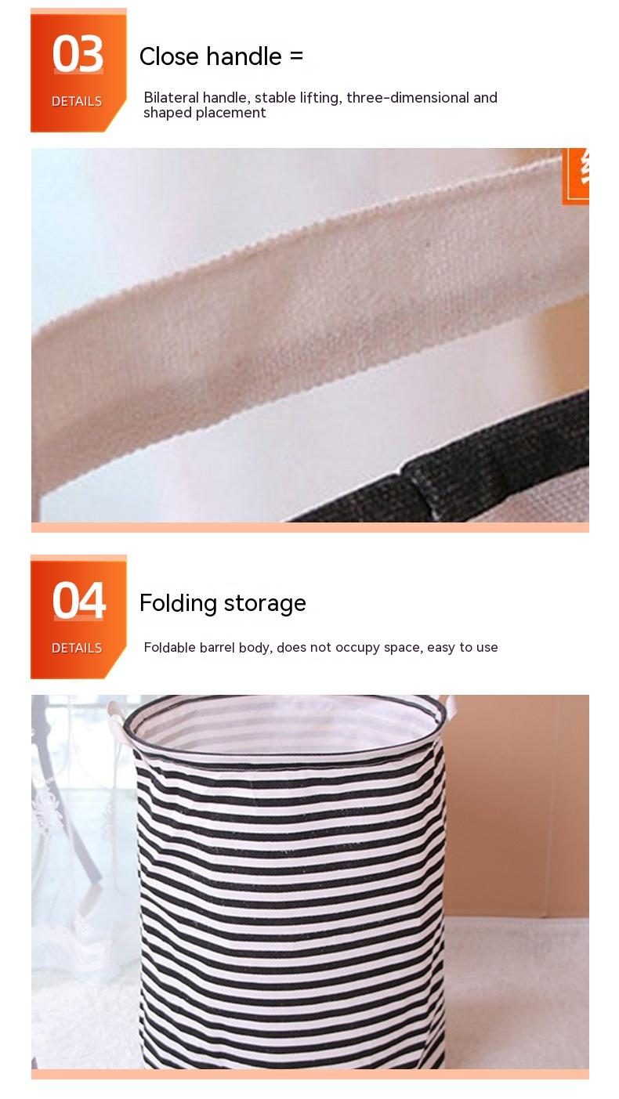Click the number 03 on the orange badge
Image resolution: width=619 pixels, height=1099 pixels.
coord(78,54)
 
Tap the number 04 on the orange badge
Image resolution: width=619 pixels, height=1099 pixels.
coord(78,601)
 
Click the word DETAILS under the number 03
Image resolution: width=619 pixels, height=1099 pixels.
coord(77,101)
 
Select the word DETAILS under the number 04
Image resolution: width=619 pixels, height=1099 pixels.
coord(77,648)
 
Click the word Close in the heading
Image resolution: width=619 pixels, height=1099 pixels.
coord(169,56)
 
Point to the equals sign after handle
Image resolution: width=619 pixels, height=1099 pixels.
coord(296,56)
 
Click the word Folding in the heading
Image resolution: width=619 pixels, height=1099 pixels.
coord(178,603)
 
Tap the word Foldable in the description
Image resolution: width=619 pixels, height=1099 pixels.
coord(170,647)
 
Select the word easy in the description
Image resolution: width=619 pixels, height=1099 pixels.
coord(441,648)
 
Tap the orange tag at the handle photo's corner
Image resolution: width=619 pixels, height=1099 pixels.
coord(575,175)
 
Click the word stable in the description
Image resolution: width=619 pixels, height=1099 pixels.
coord(275,97)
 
